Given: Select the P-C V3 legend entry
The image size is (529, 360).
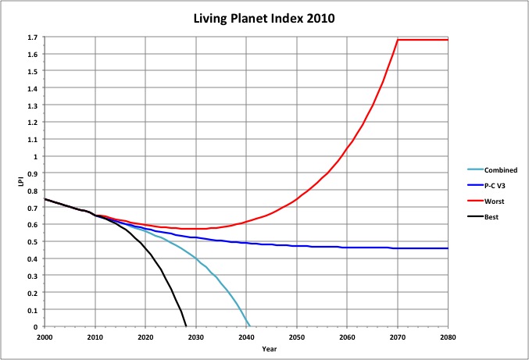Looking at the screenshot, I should tap(495, 185).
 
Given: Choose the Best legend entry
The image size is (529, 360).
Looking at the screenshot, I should tap(490, 216).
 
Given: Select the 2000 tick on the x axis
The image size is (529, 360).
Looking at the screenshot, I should tap(45, 336).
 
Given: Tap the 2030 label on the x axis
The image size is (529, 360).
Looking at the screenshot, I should tap(196, 336).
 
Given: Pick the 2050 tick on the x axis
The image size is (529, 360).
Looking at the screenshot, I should tap(297, 336).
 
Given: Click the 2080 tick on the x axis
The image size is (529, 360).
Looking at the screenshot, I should tap(448, 336).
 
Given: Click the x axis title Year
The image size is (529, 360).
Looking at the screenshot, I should tap(246, 349).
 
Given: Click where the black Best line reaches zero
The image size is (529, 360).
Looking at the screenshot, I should tap(186, 326).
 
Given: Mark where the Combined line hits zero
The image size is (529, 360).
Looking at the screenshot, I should tap(249, 326).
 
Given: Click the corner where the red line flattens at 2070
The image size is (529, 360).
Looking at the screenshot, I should tap(398, 40).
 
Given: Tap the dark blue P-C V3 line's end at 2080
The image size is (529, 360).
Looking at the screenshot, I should tap(448, 248).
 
